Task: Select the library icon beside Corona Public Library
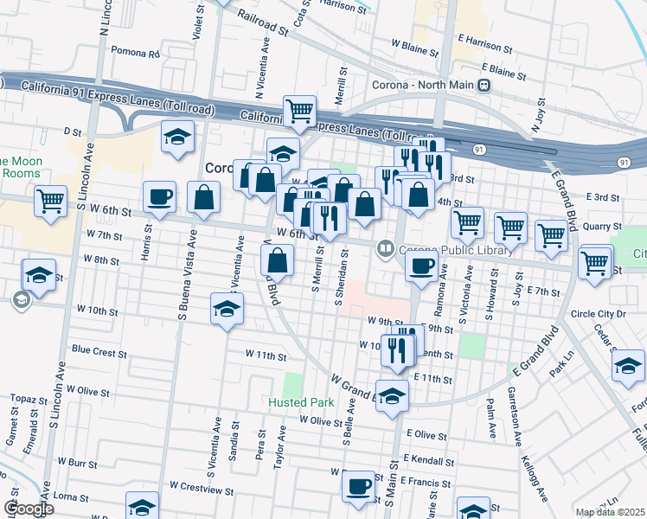[x=384, y=250]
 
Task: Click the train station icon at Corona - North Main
[x=484, y=86]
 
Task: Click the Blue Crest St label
[x=99, y=352]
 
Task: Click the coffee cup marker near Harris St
[x=159, y=197]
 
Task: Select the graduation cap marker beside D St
[x=178, y=137]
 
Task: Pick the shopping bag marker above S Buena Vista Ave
[x=203, y=197]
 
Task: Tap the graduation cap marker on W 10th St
[x=227, y=309]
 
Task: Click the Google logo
[x=29, y=509]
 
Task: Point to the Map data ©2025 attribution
[x=610, y=512]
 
